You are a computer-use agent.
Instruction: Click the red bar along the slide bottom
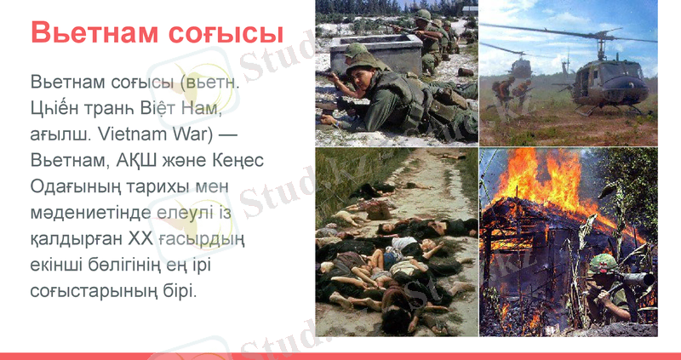pos(340,356)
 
